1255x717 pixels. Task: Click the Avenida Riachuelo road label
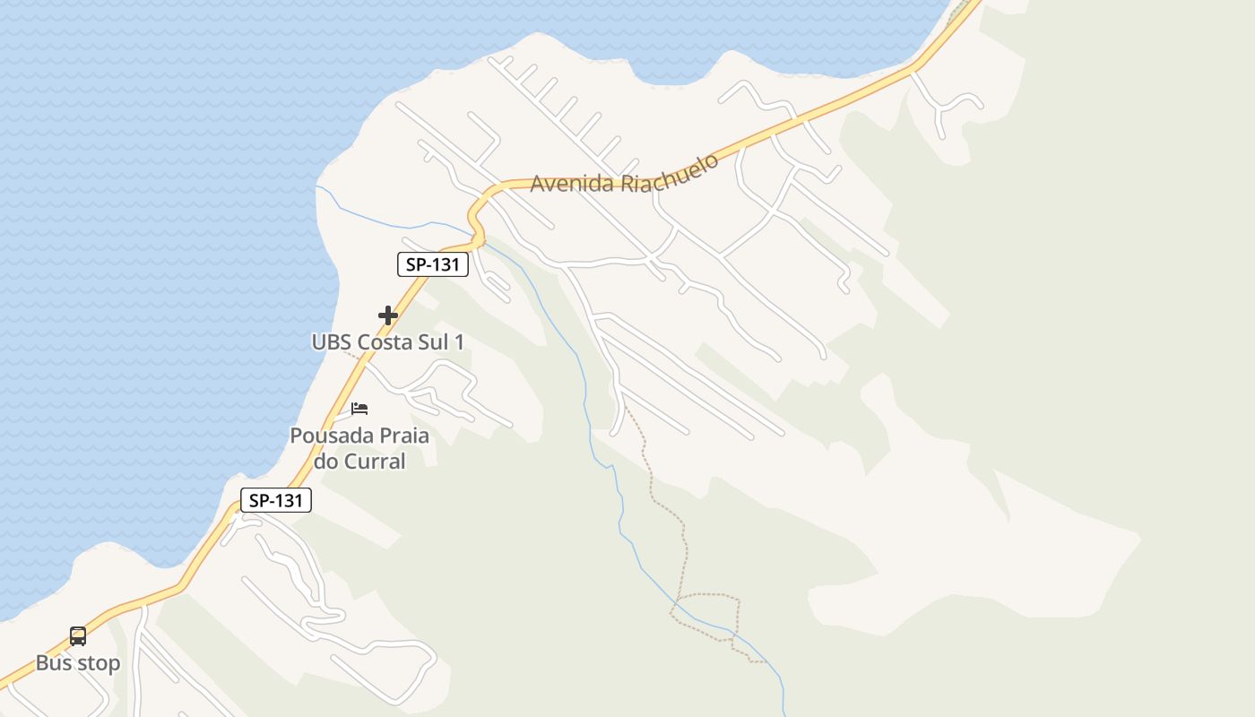click(625, 174)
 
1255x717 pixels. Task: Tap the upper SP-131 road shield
click(433, 264)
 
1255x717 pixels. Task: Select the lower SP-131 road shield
click(276, 500)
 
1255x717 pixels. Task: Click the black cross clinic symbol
click(388, 315)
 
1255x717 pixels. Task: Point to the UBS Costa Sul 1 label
click(388, 341)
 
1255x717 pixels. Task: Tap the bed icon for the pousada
click(359, 409)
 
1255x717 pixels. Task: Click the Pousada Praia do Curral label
click(359, 448)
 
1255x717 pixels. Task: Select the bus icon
click(78, 636)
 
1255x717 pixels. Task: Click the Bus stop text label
click(78, 663)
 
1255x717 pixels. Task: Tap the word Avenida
click(572, 183)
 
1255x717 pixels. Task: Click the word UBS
click(332, 341)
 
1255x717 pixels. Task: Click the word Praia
click(399, 436)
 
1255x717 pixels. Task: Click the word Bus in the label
click(53, 663)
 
